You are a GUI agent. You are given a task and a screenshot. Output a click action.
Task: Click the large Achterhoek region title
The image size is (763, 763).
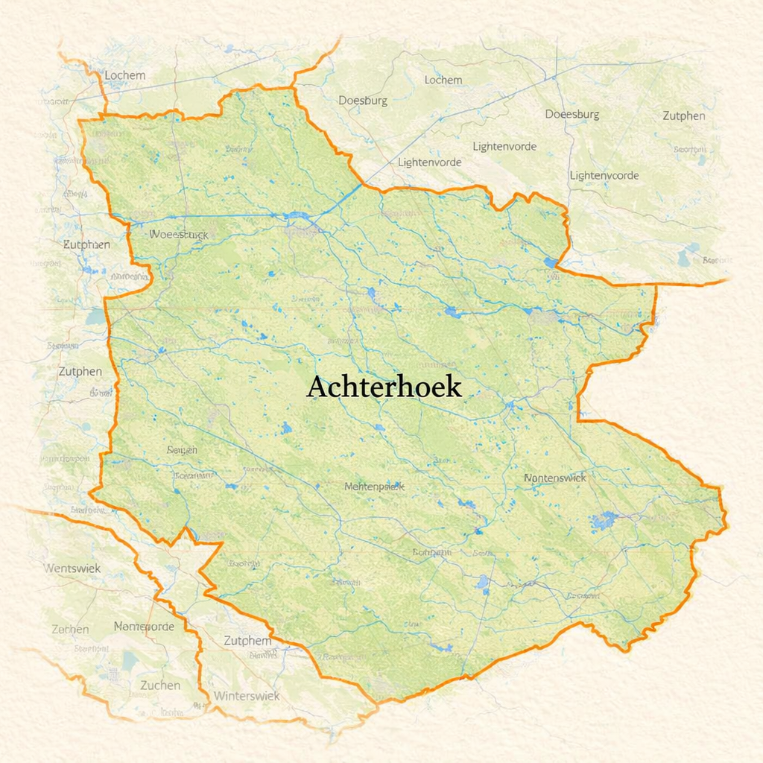(384, 387)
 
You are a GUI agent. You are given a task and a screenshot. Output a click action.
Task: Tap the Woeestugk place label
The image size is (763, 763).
(179, 234)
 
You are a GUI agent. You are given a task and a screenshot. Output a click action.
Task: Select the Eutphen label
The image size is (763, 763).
(86, 244)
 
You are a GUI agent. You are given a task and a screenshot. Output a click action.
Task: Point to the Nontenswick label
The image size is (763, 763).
(555, 478)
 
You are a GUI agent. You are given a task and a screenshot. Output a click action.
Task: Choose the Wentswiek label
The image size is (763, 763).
(72, 569)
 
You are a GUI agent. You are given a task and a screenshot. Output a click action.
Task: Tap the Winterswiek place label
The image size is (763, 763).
(247, 695)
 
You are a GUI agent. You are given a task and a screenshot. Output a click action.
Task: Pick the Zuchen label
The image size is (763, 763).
(160, 685)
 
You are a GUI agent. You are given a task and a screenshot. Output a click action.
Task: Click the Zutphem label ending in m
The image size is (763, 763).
(247, 641)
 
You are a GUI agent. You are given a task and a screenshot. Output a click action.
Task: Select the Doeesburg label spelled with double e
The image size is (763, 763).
(572, 115)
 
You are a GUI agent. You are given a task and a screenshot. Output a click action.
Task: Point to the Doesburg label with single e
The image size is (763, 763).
(363, 101)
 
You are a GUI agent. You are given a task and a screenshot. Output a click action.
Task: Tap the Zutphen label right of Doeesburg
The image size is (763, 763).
(683, 115)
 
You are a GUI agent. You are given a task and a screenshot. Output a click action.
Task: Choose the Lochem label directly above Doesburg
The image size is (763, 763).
(443, 80)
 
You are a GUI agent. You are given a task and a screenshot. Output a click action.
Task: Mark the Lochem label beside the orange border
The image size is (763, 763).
(124, 75)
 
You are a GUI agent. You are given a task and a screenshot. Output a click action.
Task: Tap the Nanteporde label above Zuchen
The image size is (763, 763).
(144, 627)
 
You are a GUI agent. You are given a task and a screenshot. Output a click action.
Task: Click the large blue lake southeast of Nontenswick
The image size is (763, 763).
(604, 519)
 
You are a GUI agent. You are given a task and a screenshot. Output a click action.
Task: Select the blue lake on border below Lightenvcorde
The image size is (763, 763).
(550, 262)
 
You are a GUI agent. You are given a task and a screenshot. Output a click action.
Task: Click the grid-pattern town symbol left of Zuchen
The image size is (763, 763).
(113, 674)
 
